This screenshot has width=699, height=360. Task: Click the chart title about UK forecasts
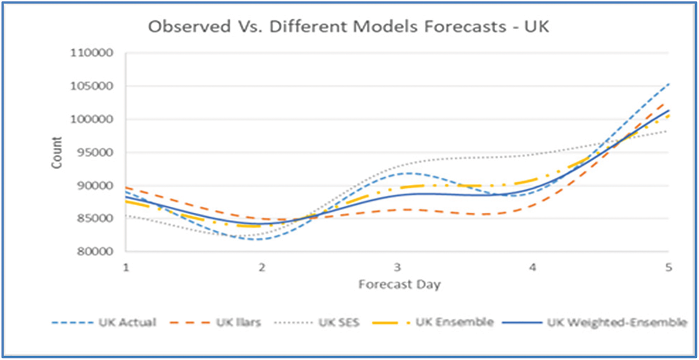click(x=348, y=26)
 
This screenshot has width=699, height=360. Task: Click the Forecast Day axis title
click(x=399, y=284)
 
